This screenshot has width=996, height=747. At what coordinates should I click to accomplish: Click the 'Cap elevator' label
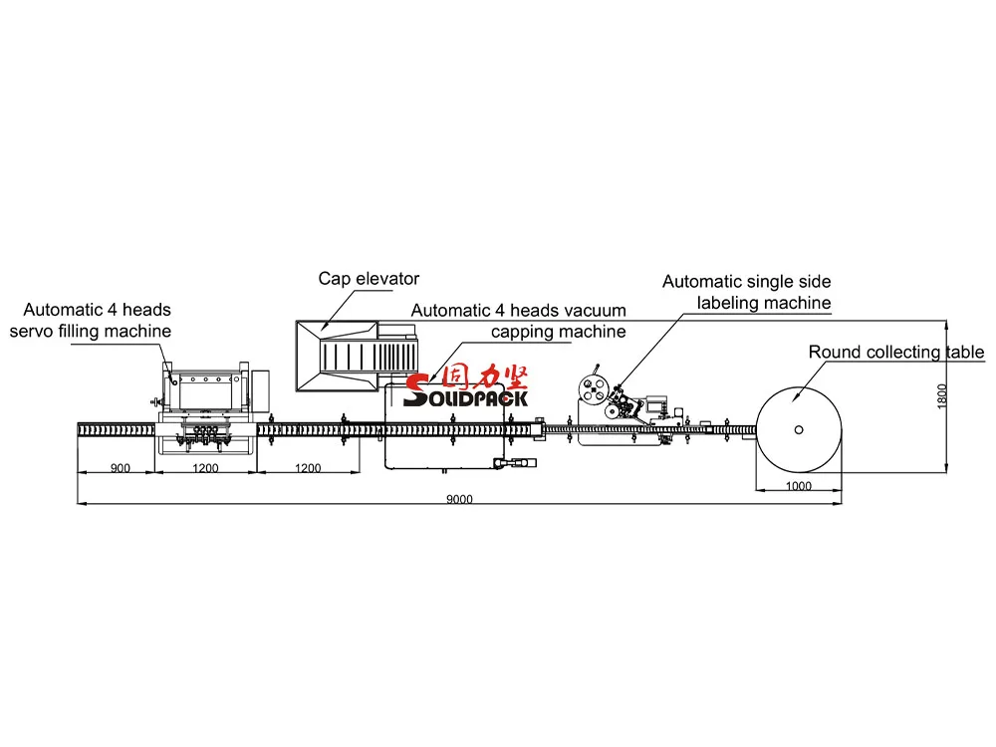coord(369,279)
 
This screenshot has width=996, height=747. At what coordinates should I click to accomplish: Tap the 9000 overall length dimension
coord(459,499)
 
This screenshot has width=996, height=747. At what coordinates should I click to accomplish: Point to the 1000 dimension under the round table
coord(798,486)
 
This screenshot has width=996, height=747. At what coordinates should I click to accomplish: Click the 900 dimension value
coord(119,466)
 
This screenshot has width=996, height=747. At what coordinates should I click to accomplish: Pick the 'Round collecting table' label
coord(895,353)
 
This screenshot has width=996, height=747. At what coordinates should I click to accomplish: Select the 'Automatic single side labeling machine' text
coord(746,293)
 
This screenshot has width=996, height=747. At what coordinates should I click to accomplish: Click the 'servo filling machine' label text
coord(91,331)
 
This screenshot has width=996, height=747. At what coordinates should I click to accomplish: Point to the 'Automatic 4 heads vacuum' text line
coord(518,311)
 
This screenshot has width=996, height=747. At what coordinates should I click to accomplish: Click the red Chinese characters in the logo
coord(488,377)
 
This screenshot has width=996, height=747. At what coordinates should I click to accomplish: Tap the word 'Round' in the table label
coord(832,353)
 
